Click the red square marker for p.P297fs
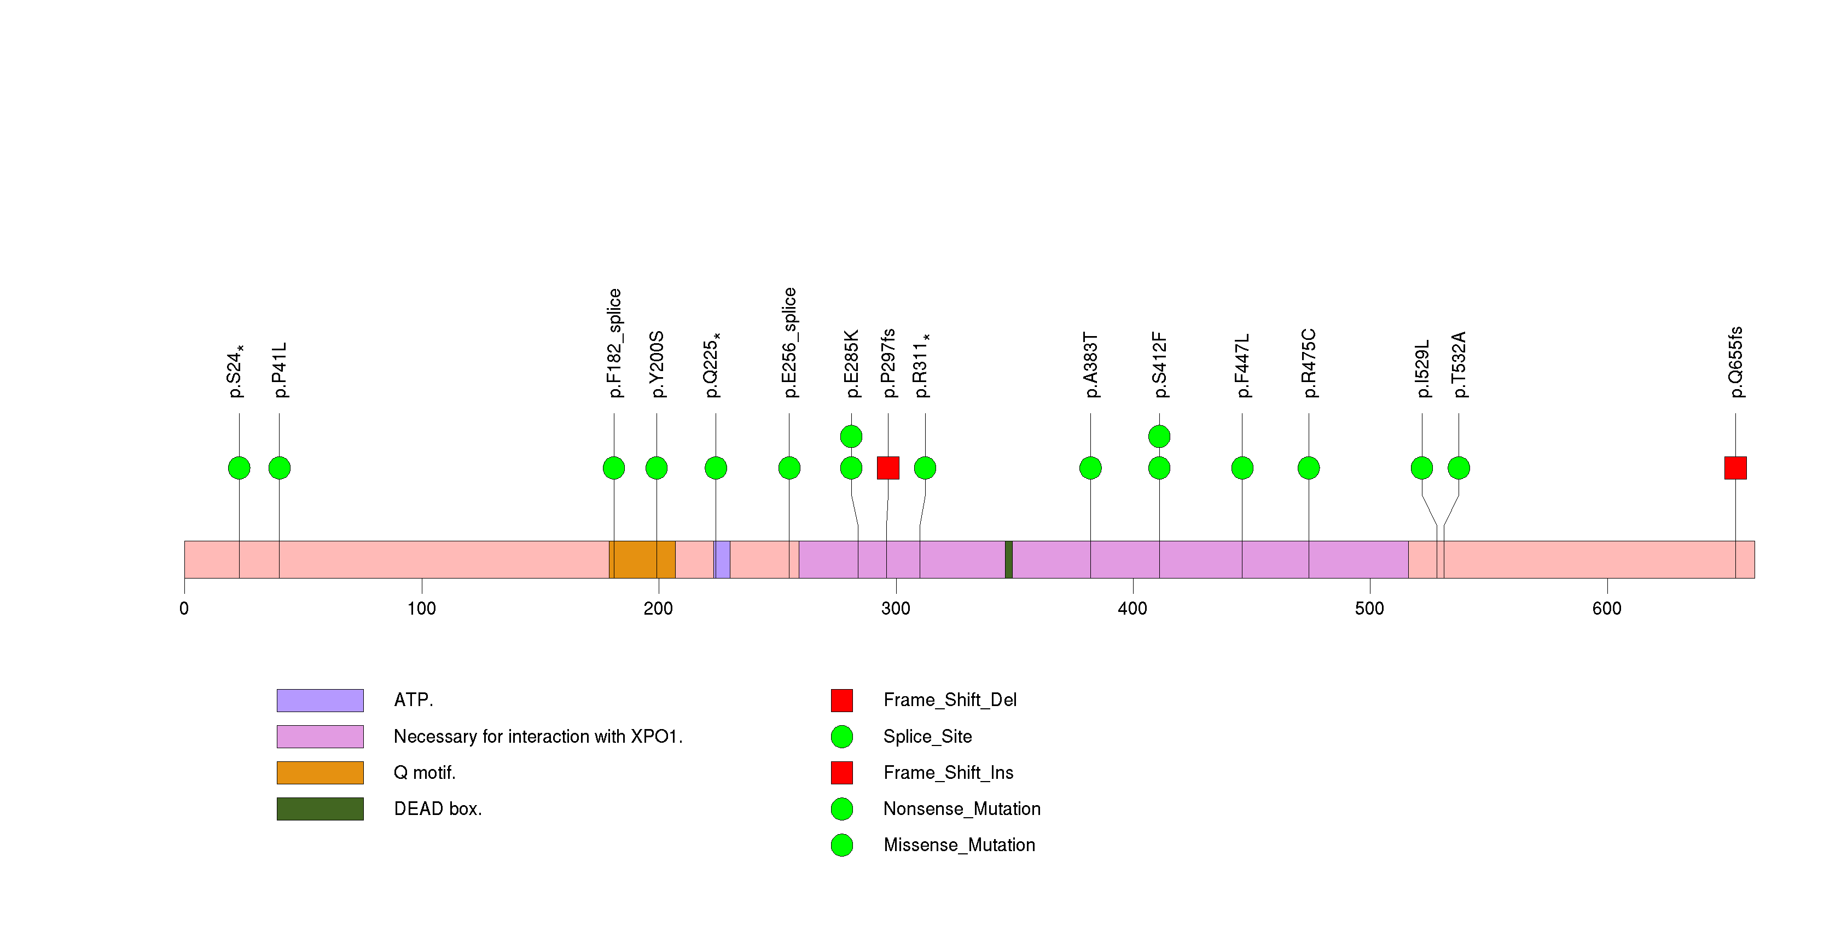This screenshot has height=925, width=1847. pyautogui.click(x=887, y=468)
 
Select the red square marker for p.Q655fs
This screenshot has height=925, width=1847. pyautogui.click(x=1735, y=468)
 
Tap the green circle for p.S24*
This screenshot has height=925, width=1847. pyautogui.click(x=239, y=468)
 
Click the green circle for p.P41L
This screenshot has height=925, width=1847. pyautogui.click(x=279, y=468)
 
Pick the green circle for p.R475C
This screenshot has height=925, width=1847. pyautogui.click(x=1309, y=468)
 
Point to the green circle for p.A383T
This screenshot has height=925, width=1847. pyautogui.click(x=1090, y=468)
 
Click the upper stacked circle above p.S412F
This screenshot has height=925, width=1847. pyautogui.click(x=1159, y=436)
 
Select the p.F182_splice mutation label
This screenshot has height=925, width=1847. pyautogui.click(x=614, y=343)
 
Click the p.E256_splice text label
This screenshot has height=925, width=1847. pyautogui.click(x=789, y=342)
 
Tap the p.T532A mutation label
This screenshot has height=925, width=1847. pyautogui.click(x=1459, y=365)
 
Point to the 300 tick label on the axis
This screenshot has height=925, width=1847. pyautogui.click(x=896, y=609)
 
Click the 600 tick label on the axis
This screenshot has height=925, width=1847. pyautogui.click(x=1607, y=609)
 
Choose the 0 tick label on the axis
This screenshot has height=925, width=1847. pyautogui.click(x=184, y=609)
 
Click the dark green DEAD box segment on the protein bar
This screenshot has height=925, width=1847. pyautogui.click(x=1009, y=559)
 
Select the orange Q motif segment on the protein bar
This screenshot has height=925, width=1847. pyautogui.click(x=642, y=559)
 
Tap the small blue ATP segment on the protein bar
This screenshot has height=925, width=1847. pyautogui.click(x=723, y=559)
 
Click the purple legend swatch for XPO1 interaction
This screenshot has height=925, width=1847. pyautogui.click(x=320, y=736)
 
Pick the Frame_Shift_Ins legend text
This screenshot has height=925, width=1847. pyautogui.click(x=948, y=772)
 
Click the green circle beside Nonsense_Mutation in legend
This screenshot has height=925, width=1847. pyautogui.click(x=842, y=809)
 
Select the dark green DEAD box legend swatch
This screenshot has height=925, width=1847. pyautogui.click(x=320, y=809)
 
